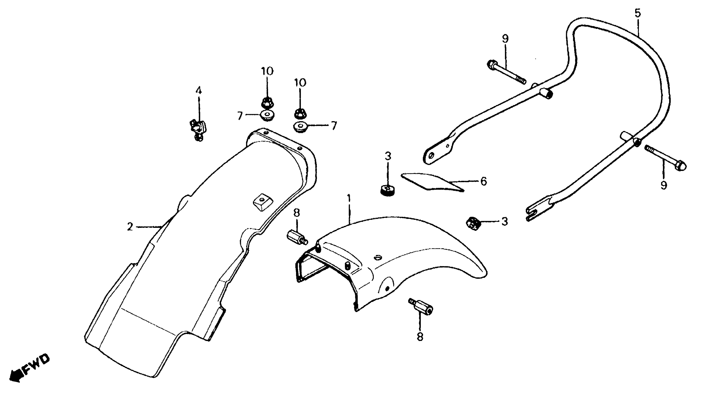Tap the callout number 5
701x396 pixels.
[638, 13]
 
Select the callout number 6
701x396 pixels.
[483, 181]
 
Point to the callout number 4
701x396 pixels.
[199, 90]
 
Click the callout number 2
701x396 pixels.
[130, 227]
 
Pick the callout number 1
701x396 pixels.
[349, 198]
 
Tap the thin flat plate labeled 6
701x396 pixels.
[433, 181]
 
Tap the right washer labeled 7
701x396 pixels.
[300, 127]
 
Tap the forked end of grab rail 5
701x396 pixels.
[533, 213]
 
